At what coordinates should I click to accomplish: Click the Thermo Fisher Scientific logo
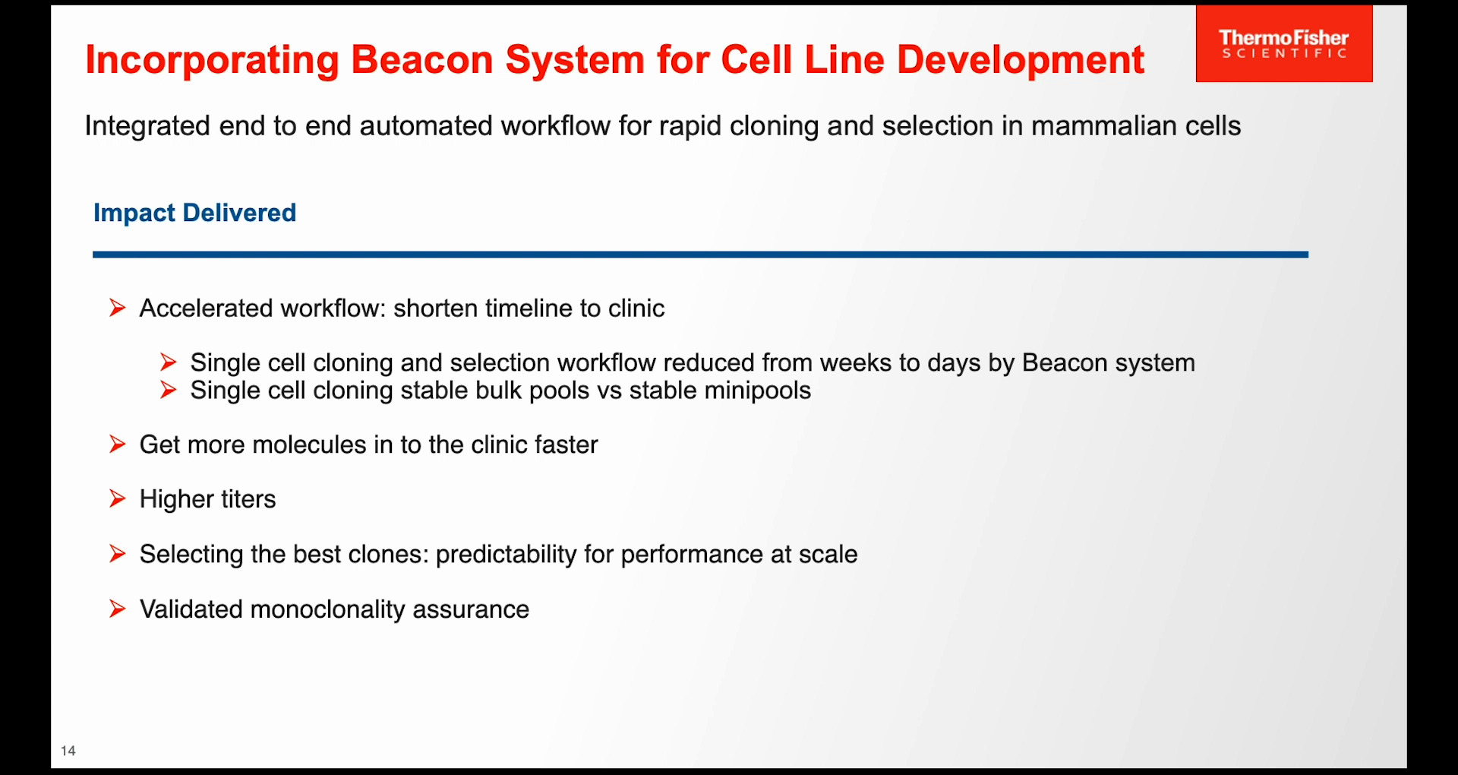(x=1283, y=44)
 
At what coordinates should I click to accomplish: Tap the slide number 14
(x=68, y=751)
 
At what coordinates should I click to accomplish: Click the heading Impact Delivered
(x=194, y=213)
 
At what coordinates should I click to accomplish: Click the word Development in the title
(x=1020, y=59)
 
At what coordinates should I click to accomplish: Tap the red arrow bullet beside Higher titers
(x=117, y=498)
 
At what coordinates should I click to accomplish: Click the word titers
(x=248, y=499)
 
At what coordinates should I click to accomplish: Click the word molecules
(x=309, y=444)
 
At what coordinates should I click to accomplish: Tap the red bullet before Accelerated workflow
(x=117, y=308)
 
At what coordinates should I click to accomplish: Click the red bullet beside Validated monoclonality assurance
(x=117, y=609)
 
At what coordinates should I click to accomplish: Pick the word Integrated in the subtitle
(x=147, y=126)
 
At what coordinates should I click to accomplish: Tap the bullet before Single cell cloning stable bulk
(x=169, y=390)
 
